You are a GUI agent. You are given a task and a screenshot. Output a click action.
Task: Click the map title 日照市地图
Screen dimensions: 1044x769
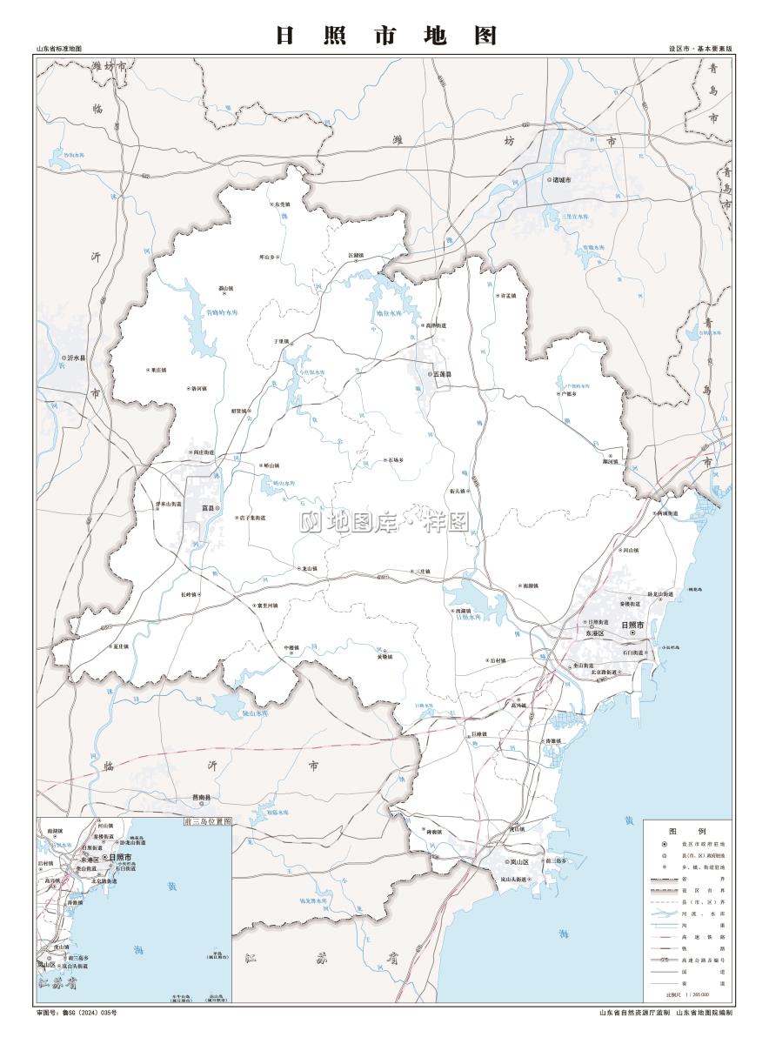(x=385, y=36)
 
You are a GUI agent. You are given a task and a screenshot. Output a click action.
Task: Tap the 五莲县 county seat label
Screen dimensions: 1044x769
(x=441, y=374)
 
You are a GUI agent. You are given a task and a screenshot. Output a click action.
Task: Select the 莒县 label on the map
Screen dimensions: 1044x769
(x=207, y=507)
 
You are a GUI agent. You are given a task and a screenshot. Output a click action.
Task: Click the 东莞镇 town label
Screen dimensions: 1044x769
(x=282, y=204)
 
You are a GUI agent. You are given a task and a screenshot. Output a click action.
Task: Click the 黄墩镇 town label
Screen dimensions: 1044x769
(x=385, y=657)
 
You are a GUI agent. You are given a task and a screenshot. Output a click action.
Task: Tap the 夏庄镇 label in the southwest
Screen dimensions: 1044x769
(x=120, y=646)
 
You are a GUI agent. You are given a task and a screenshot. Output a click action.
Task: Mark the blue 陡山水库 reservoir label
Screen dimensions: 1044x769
(x=255, y=713)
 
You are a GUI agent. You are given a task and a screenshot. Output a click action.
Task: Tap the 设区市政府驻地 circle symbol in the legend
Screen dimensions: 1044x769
(x=665, y=844)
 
